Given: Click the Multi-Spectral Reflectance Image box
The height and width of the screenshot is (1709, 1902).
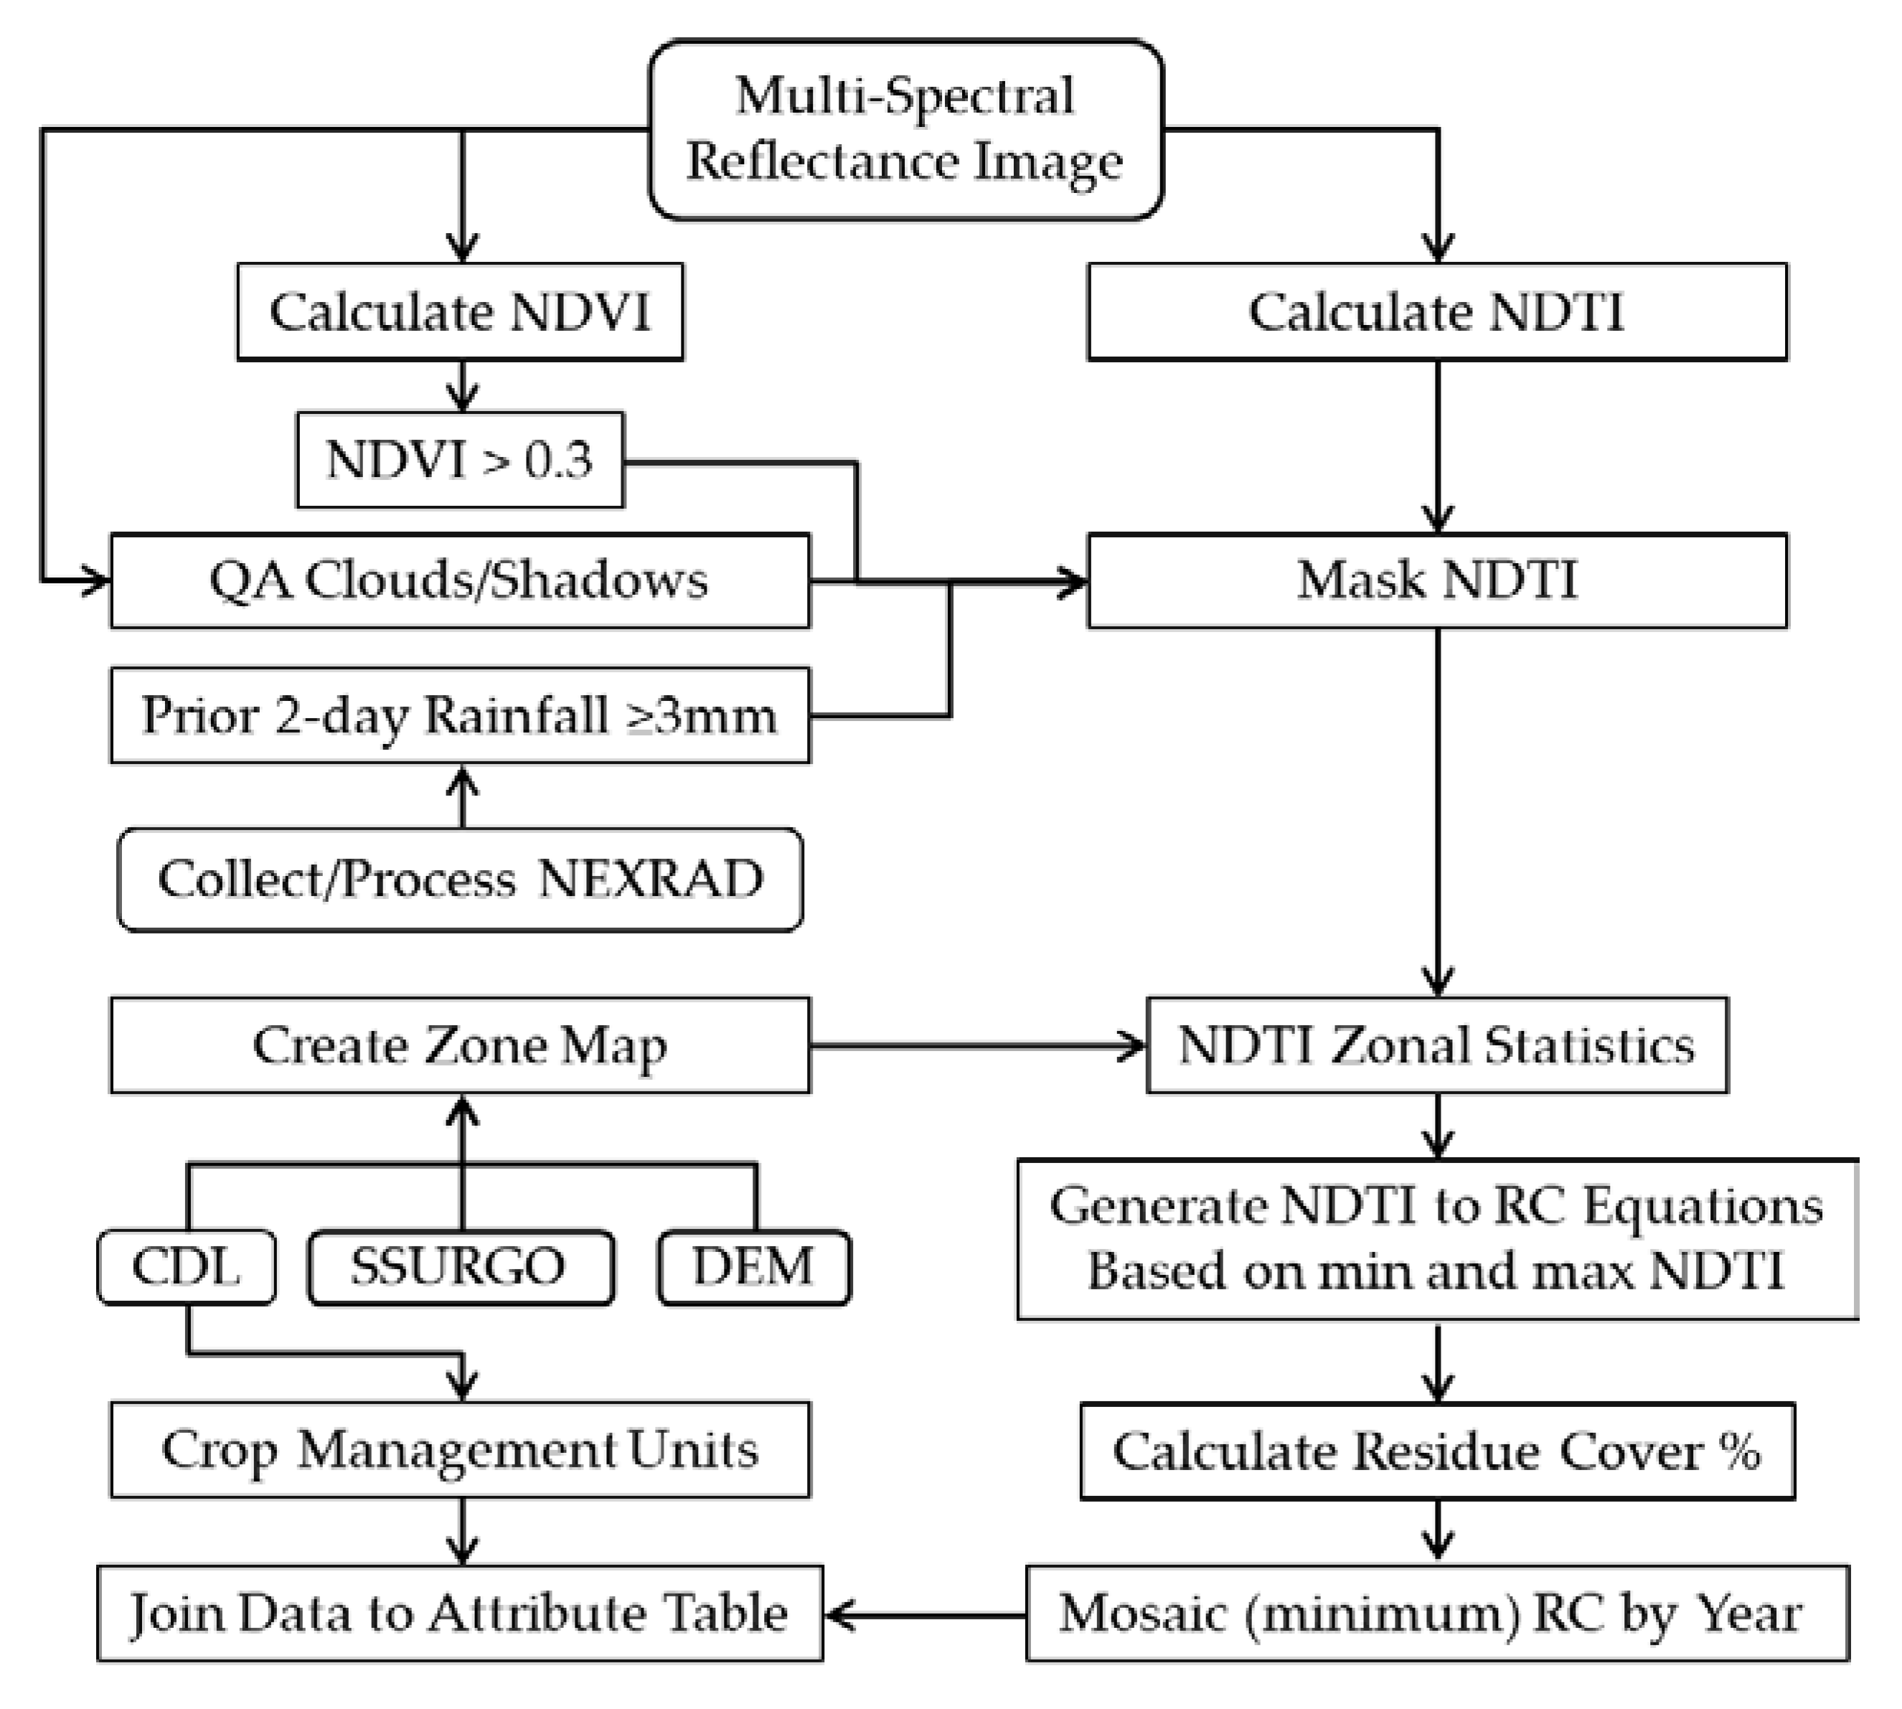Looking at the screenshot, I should click(905, 130).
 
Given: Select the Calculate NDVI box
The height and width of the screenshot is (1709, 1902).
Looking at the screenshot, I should click(460, 312).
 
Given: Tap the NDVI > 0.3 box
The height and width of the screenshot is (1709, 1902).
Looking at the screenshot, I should click(460, 460).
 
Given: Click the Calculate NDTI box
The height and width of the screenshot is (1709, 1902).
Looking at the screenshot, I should click(1436, 312).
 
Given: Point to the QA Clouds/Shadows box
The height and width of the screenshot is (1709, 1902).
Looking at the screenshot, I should click(460, 580).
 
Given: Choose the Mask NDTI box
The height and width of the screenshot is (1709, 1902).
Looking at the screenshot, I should click(1436, 580).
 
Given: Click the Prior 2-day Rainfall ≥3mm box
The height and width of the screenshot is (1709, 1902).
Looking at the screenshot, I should click(460, 715).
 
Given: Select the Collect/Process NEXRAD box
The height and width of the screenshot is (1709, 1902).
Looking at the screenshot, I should click(460, 880).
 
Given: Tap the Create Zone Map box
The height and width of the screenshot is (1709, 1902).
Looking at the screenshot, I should click(460, 1045).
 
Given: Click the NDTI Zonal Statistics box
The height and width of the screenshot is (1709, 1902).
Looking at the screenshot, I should click(1436, 1045).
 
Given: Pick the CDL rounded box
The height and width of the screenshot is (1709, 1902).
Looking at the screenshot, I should click(187, 1267).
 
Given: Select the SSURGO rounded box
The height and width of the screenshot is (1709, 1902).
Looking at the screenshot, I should click(460, 1267).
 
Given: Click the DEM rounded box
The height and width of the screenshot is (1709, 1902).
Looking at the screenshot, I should click(754, 1267).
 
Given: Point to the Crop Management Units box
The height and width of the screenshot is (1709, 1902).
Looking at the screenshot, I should click(460, 1450).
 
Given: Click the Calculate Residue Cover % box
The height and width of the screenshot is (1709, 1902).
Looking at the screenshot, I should click(1436, 1451).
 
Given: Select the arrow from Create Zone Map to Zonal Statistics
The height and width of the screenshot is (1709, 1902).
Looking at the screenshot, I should click(976, 1045).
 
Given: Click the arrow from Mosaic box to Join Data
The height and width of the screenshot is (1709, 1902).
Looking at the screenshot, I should click(925, 1615).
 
